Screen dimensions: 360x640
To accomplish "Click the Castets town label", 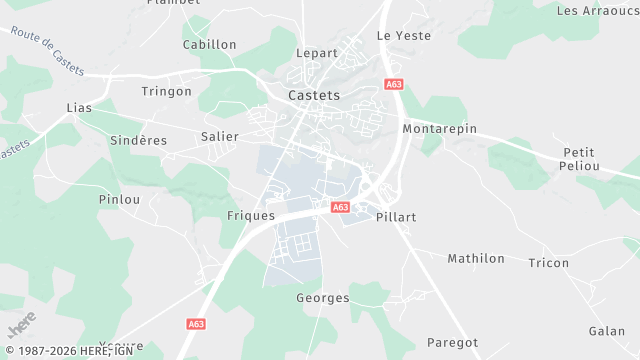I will click(314, 96).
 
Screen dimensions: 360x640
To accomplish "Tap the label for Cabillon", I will click(210, 45).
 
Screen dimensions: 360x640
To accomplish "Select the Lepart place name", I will click(316, 53).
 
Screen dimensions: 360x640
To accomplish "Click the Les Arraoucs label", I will click(596, 11).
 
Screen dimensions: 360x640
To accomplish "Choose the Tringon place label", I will click(167, 91).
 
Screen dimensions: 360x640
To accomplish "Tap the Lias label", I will click(78, 107).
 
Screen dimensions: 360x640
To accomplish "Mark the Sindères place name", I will click(139, 141).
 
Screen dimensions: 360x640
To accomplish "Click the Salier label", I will click(220, 136).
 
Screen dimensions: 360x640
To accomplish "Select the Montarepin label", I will click(440, 130).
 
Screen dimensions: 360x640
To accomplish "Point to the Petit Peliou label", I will click(579, 160).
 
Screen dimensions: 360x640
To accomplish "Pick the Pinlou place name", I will click(119, 199).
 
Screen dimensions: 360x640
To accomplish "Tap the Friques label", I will click(251, 216).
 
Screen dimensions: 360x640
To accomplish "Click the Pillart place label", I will click(396, 217).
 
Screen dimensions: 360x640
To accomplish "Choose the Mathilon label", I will click(476, 259).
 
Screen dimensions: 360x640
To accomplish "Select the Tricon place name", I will click(548, 264).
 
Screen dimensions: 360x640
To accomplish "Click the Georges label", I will click(323, 299).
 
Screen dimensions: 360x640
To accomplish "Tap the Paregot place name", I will click(452, 343).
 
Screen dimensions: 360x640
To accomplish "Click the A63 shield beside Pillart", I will click(340, 208).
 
